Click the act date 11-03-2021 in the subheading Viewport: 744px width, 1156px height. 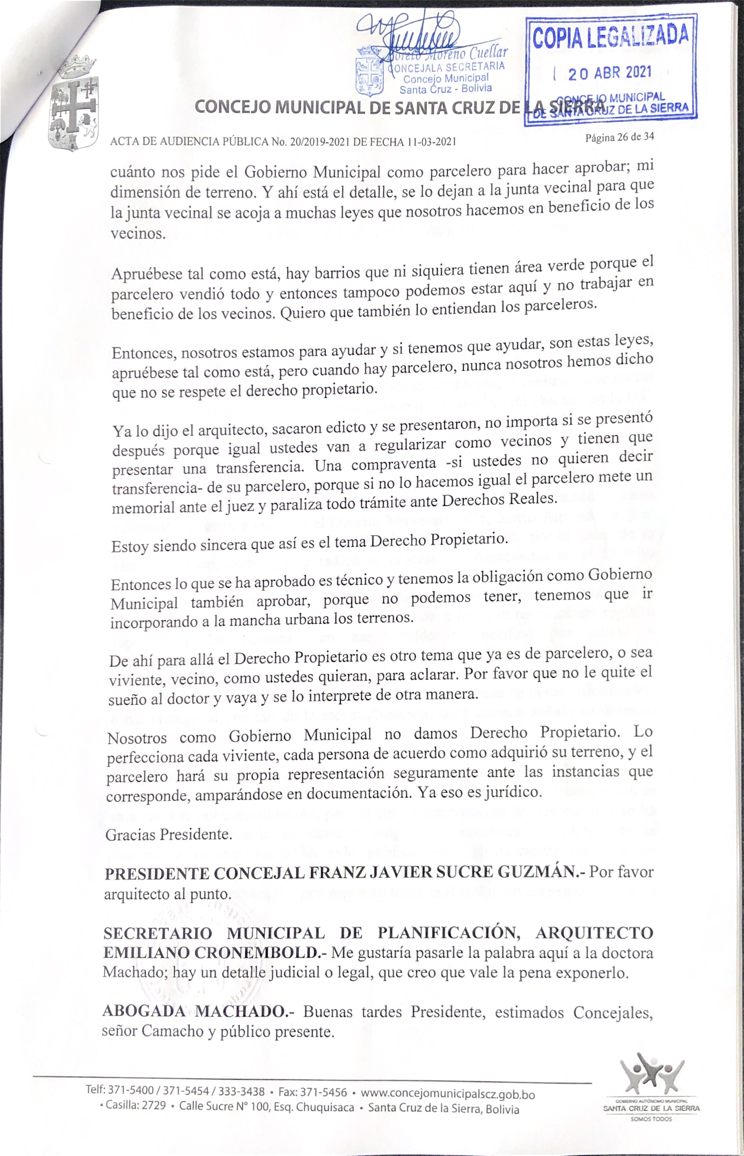tap(431, 142)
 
